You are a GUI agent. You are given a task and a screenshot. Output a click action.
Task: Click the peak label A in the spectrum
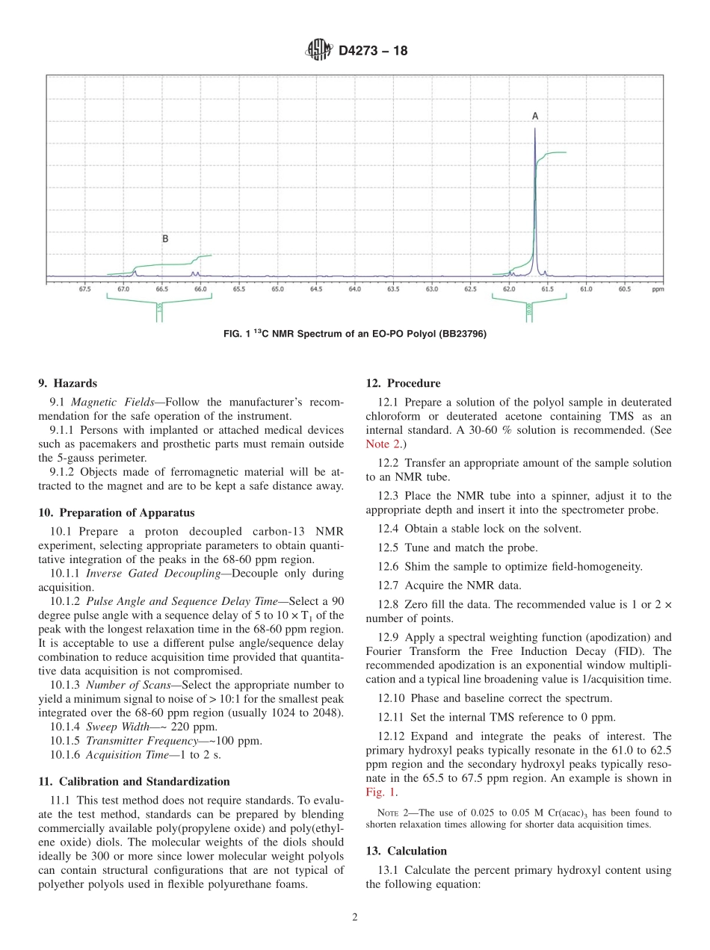[534, 116]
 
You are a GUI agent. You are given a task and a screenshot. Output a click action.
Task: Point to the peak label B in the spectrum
[165, 239]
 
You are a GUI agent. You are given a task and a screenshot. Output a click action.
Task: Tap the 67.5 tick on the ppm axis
[84, 288]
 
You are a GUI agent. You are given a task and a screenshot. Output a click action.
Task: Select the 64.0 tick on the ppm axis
[354, 288]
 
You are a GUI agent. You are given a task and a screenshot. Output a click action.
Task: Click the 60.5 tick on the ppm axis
[625, 288]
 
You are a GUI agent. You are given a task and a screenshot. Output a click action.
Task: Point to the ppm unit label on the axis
[657, 288]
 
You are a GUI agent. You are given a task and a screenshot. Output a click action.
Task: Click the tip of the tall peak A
[534, 129]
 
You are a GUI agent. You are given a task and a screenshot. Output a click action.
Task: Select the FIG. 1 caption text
[355, 334]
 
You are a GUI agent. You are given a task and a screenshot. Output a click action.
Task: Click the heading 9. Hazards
[67, 383]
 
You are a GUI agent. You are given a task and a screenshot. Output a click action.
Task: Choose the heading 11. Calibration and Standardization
[134, 781]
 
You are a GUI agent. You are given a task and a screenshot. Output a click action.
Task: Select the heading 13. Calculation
[406, 851]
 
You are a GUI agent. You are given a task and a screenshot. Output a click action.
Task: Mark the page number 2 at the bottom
[354, 918]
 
